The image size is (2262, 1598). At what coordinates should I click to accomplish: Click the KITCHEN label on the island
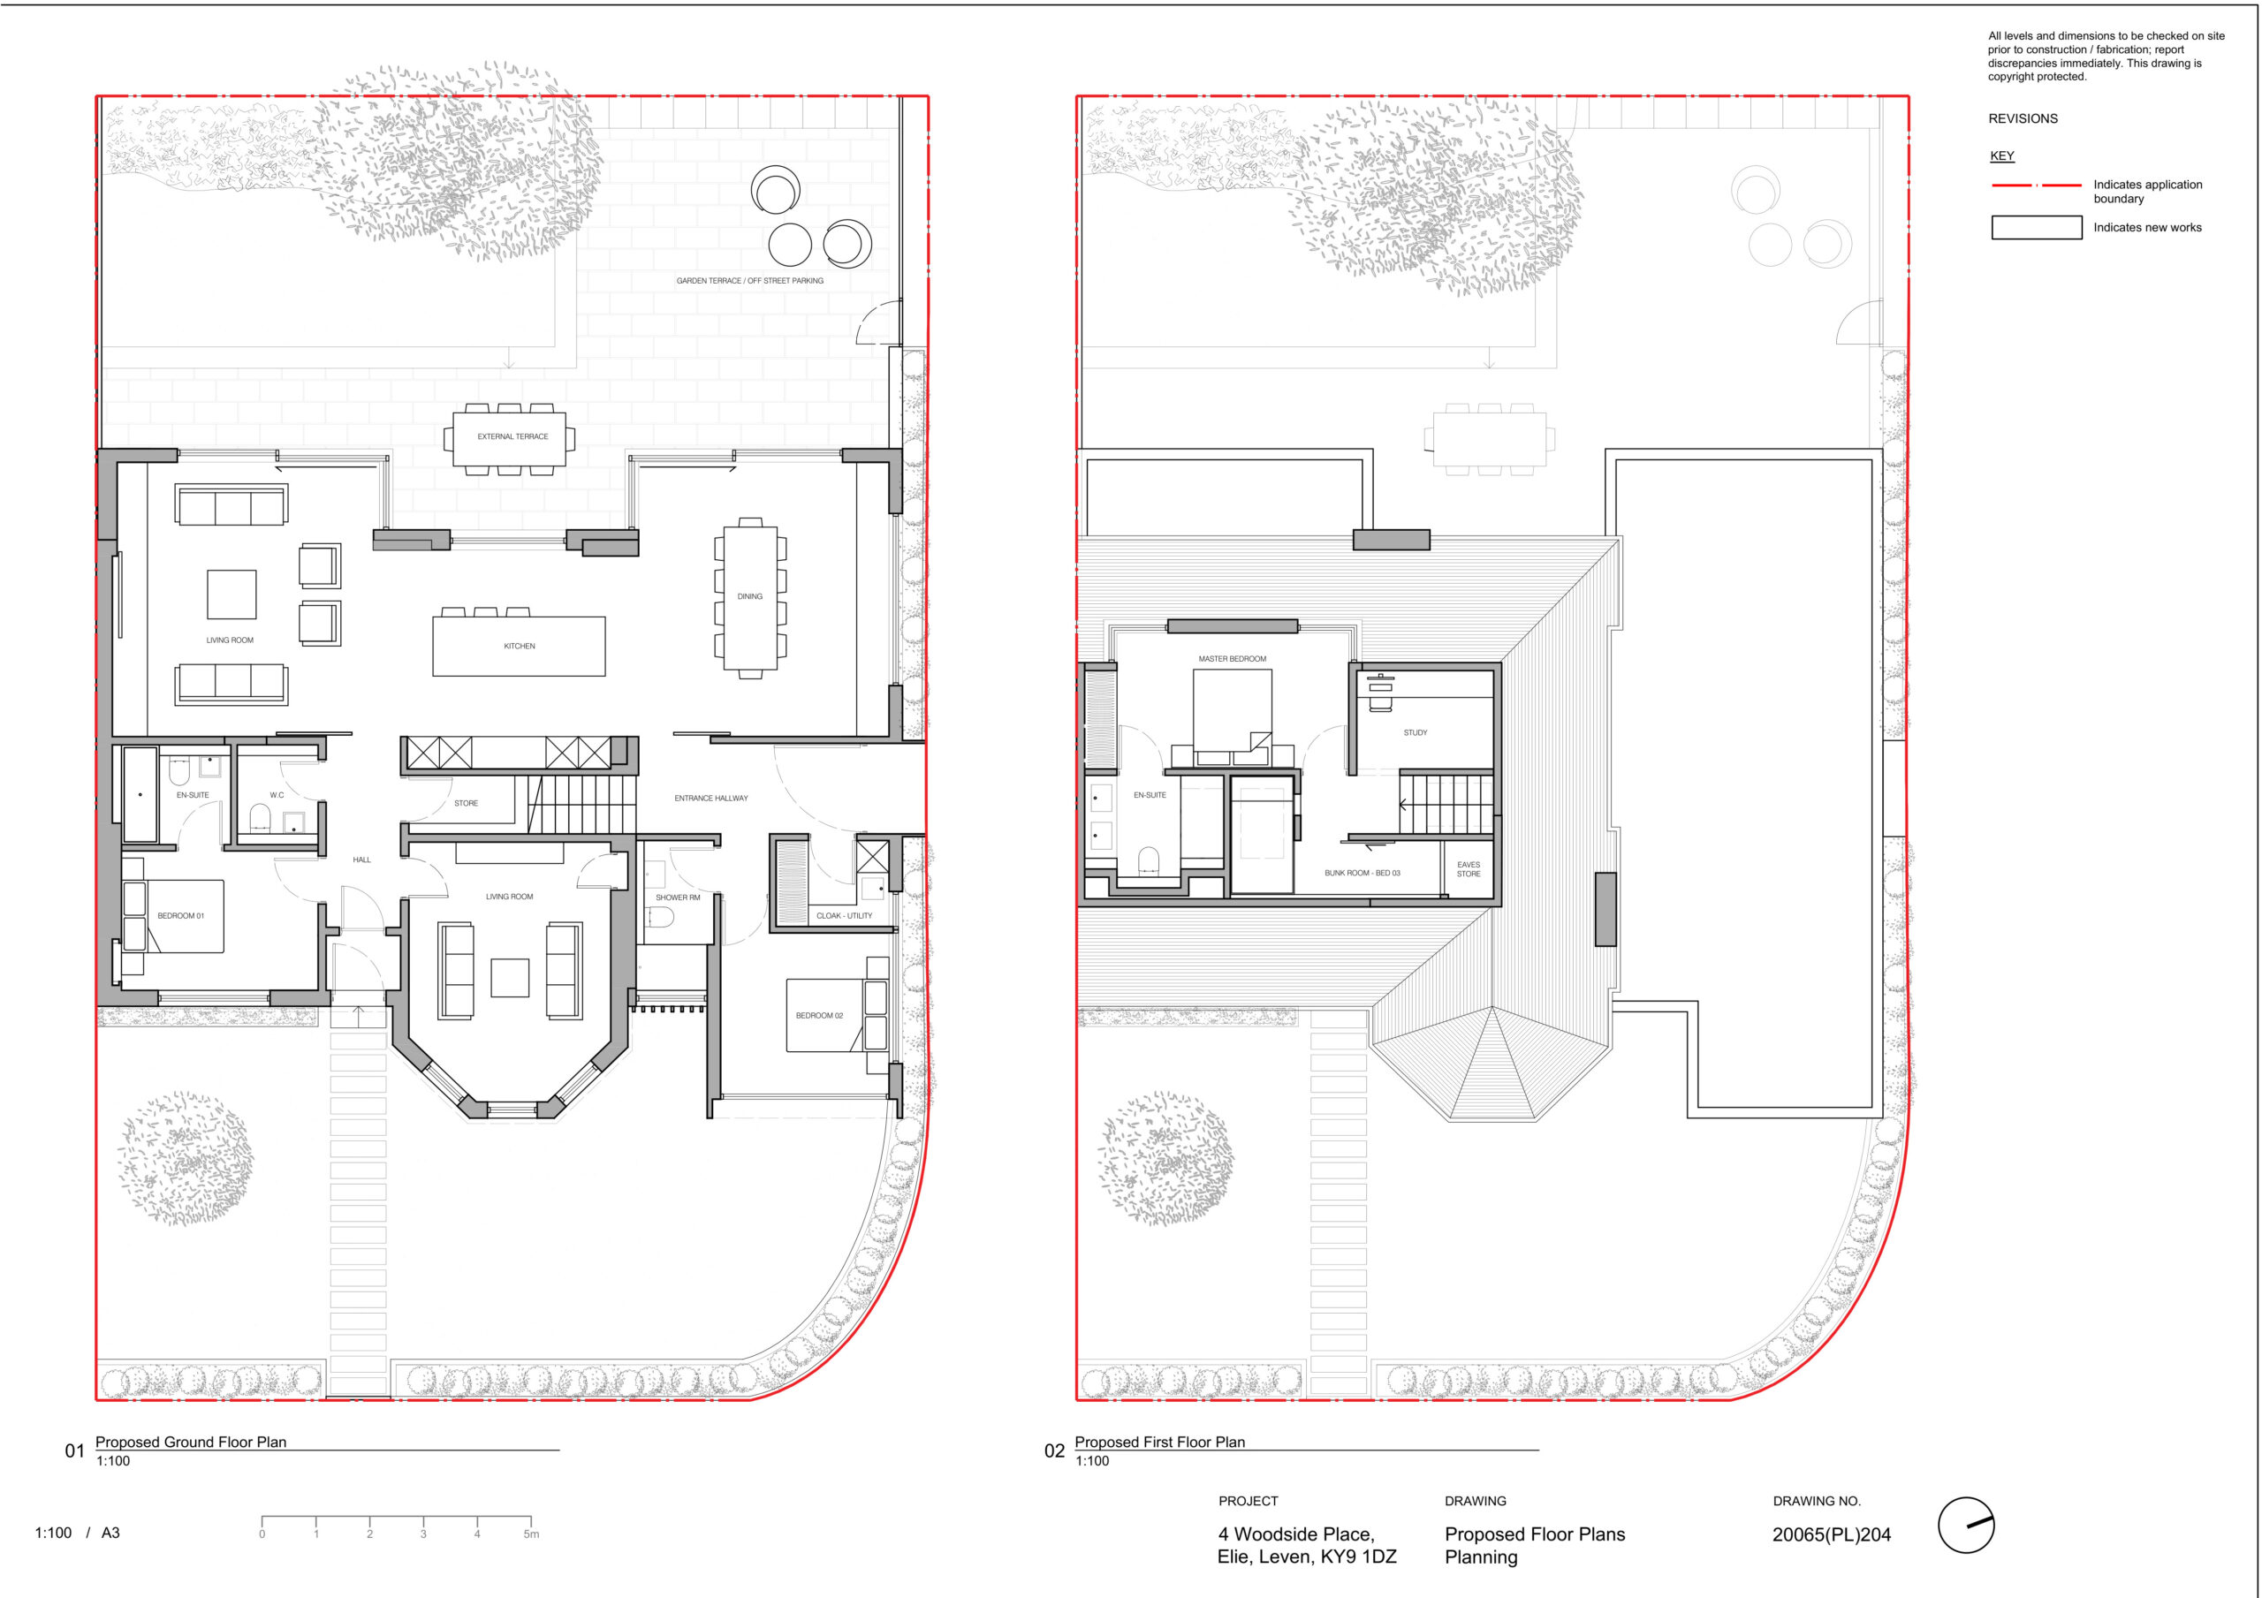(x=520, y=647)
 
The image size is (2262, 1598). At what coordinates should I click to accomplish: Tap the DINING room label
(x=750, y=596)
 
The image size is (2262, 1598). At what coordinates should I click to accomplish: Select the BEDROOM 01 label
(x=181, y=916)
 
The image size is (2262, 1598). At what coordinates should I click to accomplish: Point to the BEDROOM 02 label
(x=820, y=1016)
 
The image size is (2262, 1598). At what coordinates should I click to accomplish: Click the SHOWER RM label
(x=678, y=897)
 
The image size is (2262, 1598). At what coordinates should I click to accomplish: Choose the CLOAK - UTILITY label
(x=845, y=916)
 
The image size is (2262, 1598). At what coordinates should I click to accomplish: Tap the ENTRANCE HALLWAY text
(x=711, y=798)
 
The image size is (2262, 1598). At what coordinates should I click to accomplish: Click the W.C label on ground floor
(x=277, y=795)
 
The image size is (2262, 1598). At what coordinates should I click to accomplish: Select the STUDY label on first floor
(x=1416, y=733)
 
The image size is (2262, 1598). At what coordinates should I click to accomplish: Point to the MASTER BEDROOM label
(x=1233, y=659)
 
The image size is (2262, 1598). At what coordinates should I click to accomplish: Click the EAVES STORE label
(x=1469, y=869)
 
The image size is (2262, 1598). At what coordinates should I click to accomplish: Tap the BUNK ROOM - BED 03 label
(x=1363, y=873)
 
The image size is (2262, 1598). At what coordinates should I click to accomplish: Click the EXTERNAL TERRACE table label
(x=513, y=436)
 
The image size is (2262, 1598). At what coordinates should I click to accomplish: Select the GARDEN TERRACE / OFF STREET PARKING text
(x=750, y=281)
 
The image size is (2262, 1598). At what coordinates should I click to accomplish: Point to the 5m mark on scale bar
(x=531, y=1534)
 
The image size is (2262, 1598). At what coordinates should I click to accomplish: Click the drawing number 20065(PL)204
(x=1832, y=1534)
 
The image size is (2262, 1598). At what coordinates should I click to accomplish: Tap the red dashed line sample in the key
(x=2037, y=186)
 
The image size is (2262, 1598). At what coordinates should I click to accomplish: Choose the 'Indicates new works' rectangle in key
(x=2037, y=228)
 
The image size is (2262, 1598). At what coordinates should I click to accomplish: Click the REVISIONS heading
(x=2023, y=118)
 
